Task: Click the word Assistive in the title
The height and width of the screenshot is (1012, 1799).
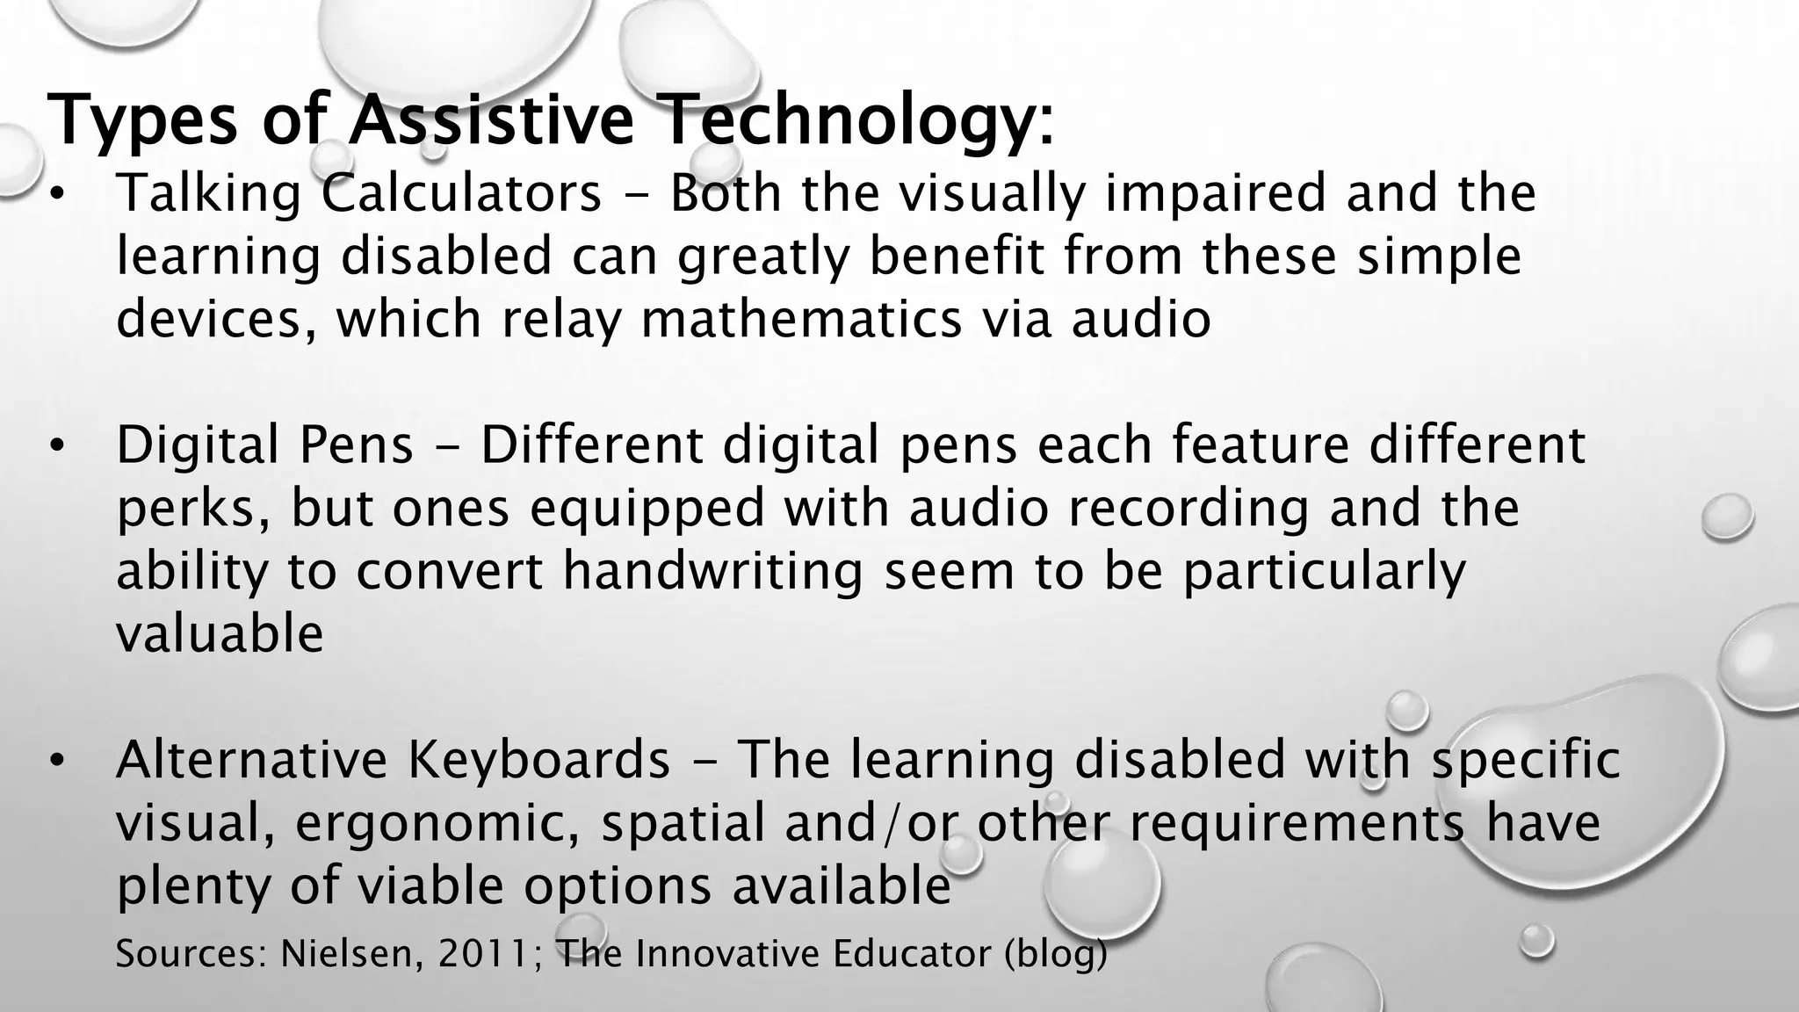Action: click(x=490, y=120)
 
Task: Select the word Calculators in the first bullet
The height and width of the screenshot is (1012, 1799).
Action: click(x=461, y=192)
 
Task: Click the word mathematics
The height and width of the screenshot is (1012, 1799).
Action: click(x=801, y=318)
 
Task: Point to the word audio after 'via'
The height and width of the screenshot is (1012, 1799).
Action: click(x=1141, y=318)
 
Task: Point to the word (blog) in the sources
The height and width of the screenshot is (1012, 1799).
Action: click(x=1055, y=954)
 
